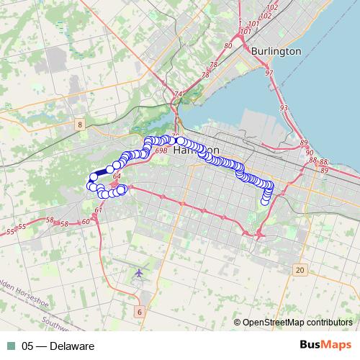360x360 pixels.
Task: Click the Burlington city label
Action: click(276, 52)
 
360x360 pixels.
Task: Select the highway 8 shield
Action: click(78, 125)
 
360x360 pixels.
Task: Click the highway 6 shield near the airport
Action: click(139, 312)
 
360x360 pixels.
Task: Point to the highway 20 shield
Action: click(300, 269)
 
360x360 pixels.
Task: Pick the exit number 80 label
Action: click(228, 46)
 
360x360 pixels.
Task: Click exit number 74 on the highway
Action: click(179, 94)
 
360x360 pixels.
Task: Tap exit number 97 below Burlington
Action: click(269, 73)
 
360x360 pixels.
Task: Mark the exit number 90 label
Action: click(310, 152)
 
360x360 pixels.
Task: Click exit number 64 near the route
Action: click(117, 175)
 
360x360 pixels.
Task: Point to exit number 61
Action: click(99, 209)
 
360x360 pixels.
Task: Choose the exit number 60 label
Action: click(86, 221)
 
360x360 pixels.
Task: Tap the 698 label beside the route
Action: click(161, 150)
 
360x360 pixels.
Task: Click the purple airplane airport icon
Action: click(139, 273)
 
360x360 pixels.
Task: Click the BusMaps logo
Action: click(328, 346)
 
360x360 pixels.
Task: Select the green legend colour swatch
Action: click(11, 346)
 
